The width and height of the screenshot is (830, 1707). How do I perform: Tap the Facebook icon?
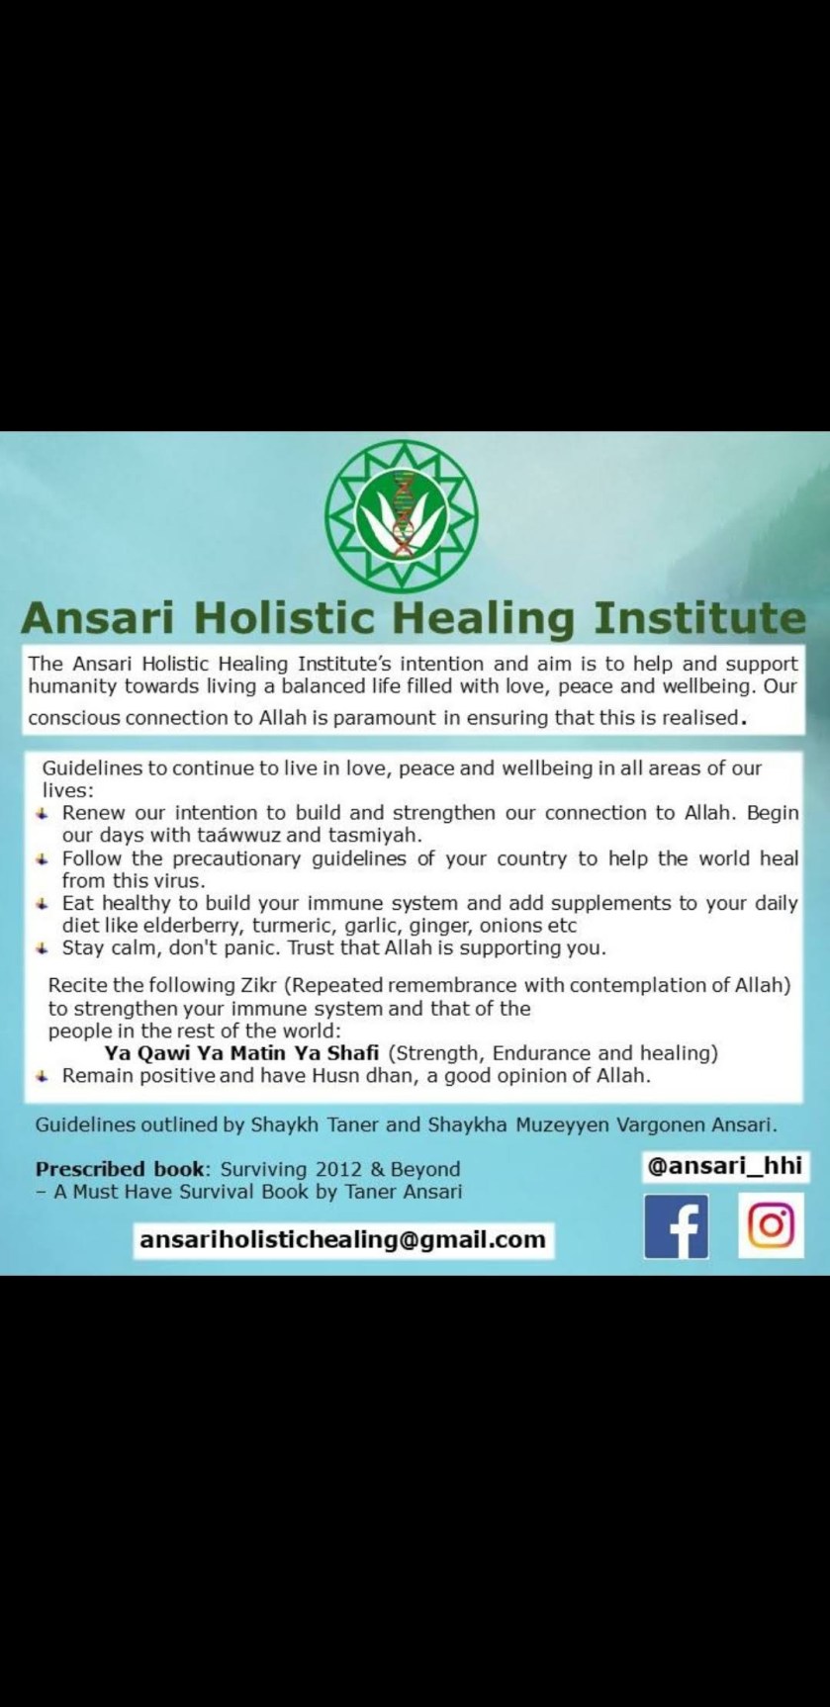(x=677, y=1226)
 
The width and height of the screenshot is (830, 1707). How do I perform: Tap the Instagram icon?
(x=771, y=1226)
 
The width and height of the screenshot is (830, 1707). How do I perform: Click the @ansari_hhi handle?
(x=725, y=1166)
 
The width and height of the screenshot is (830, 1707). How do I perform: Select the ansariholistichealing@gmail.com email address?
(x=343, y=1239)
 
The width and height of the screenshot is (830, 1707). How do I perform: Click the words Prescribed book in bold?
(x=120, y=1169)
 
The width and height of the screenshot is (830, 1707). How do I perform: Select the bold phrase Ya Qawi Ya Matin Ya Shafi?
(x=242, y=1052)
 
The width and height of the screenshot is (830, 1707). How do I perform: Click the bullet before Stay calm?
(x=42, y=947)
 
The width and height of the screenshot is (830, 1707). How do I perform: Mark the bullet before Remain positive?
(x=42, y=1075)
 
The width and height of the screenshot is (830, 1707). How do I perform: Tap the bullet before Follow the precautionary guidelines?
(x=42, y=858)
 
